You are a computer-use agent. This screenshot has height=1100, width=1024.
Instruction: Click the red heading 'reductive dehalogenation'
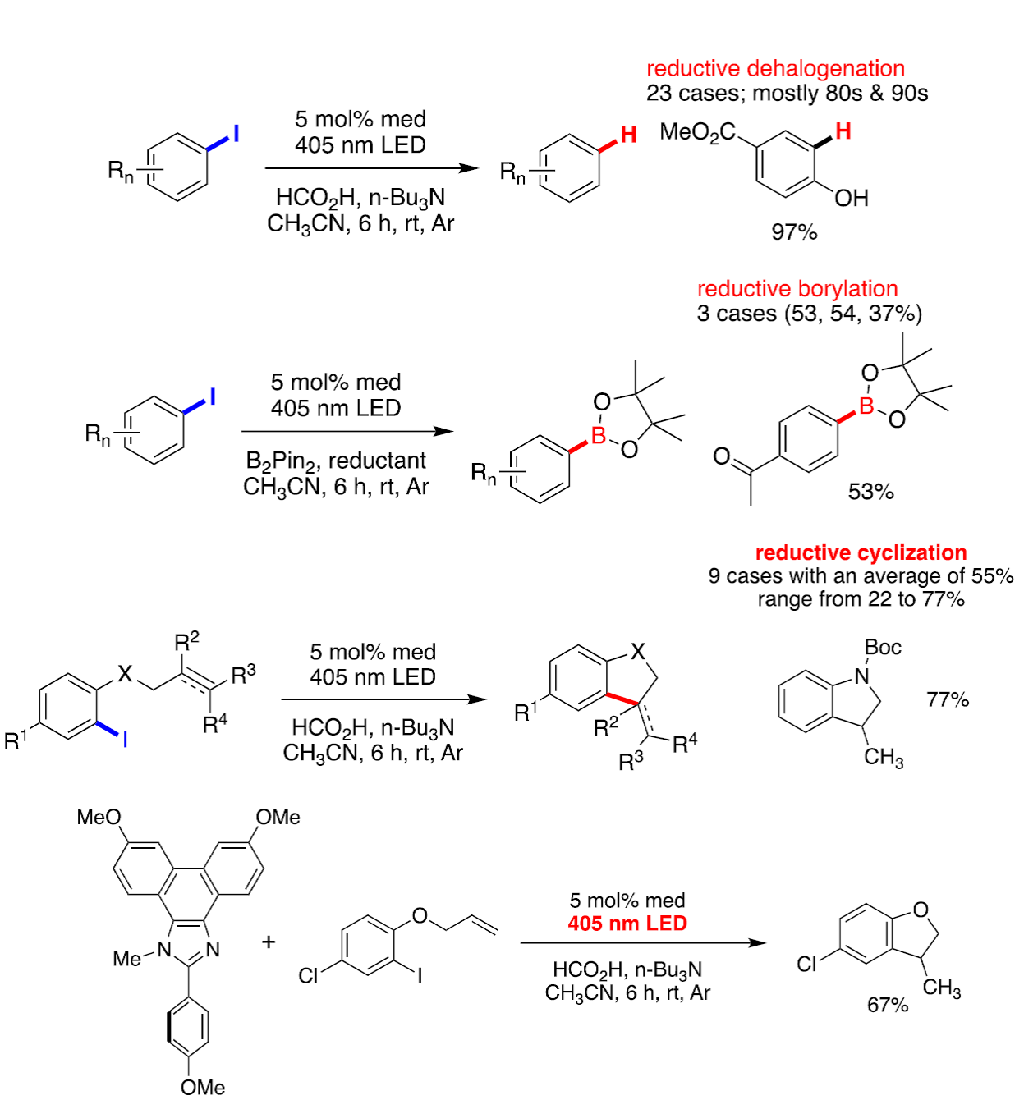[775, 68]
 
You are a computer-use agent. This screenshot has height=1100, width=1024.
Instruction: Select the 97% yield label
[794, 232]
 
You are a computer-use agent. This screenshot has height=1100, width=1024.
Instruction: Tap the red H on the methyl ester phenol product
[843, 131]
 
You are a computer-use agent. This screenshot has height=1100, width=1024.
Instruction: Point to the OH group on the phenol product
[852, 199]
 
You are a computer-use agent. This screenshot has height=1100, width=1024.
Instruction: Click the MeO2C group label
[697, 133]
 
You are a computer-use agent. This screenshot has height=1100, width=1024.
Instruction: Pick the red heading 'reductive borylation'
[797, 289]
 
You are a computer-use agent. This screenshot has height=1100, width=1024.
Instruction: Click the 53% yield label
[870, 492]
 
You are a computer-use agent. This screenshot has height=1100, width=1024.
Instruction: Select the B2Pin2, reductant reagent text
[336, 461]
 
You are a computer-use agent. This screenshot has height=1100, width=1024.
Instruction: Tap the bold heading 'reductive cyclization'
[861, 552]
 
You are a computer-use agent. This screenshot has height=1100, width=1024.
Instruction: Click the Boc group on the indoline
[883, 648]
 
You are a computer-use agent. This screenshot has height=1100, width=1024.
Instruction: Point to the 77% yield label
[948, 699]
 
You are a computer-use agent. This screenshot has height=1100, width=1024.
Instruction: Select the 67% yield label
[888, 1005]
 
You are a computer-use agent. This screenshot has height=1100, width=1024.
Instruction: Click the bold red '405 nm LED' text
[627, 924]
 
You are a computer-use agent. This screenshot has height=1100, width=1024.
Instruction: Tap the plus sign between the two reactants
[269, 942]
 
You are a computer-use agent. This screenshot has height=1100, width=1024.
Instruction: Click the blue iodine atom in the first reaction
[236, 133]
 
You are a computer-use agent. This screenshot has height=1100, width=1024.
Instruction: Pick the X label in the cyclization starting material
[125, 674]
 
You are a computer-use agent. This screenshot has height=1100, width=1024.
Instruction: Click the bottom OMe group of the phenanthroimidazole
[203, 1087]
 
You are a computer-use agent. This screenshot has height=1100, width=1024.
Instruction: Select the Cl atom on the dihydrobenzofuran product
[808, 964]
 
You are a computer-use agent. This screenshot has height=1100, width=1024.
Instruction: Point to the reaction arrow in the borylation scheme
[347, 431]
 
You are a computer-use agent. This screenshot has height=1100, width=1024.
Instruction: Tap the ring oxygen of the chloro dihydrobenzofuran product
[921, 910]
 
